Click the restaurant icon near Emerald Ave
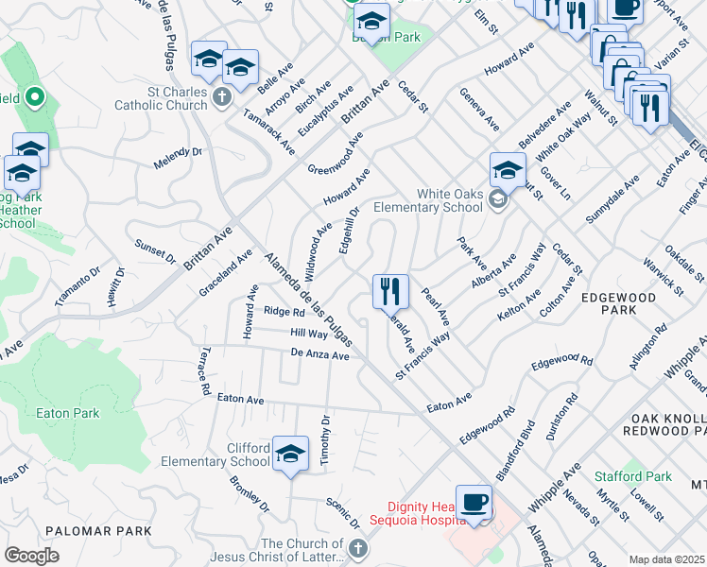(x=390, y=291)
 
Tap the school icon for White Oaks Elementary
(x=508, y=171)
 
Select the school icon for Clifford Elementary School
(x=291, y=453)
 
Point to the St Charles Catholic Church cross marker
(x=221, y=95)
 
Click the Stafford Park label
(x=633, y=476)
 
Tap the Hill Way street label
(x=308, y=334)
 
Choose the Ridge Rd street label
(x=284, y=311)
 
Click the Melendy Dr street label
(x=179, y=158)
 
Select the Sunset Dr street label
(x=155, y=249)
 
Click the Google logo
(x=31, y=555)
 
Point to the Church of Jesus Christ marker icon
(x=357, y=548)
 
